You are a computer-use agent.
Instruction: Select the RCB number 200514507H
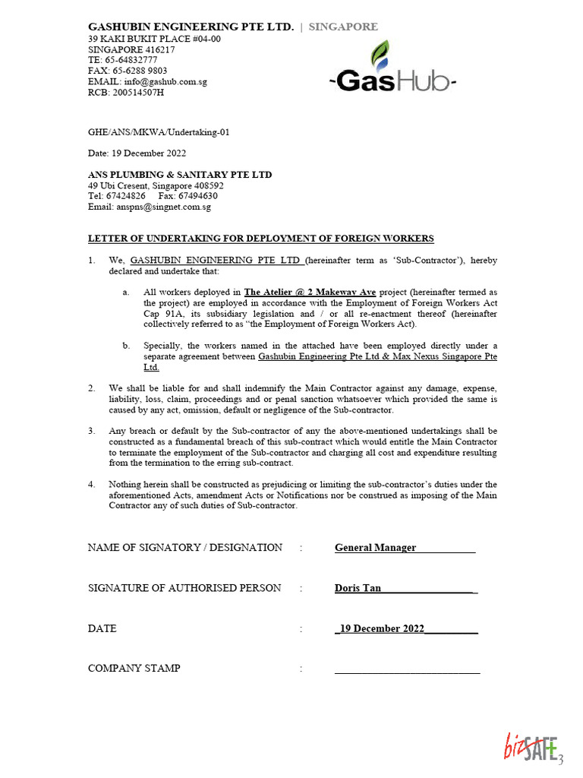136,93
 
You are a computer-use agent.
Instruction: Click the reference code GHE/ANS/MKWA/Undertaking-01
159,132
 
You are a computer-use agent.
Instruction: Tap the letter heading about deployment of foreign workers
261,239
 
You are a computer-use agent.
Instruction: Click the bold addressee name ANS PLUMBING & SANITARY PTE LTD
180,175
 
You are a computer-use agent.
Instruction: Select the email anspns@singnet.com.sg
162,207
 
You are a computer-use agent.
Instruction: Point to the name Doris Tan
358,588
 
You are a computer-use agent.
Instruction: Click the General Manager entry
375,548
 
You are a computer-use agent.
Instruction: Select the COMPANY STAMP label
134,669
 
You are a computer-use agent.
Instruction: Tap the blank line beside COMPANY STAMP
407,671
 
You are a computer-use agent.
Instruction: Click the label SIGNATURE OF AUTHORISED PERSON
184,588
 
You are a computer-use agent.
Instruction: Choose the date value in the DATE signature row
382,629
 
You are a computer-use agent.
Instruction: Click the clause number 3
91,431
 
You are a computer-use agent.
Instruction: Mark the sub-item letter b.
125,346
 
